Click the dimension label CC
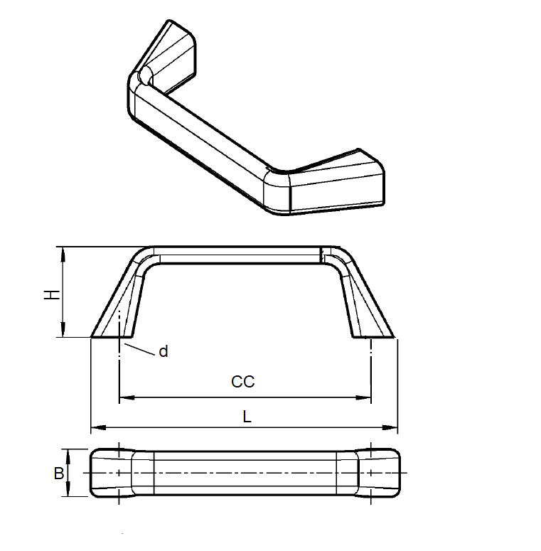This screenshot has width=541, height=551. pyautogui.click(x=243, y=382)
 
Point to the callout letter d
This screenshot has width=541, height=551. pyautogui.click(x=164, y=351)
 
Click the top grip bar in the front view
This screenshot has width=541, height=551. pyautogui.click(x=238, y=255)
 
